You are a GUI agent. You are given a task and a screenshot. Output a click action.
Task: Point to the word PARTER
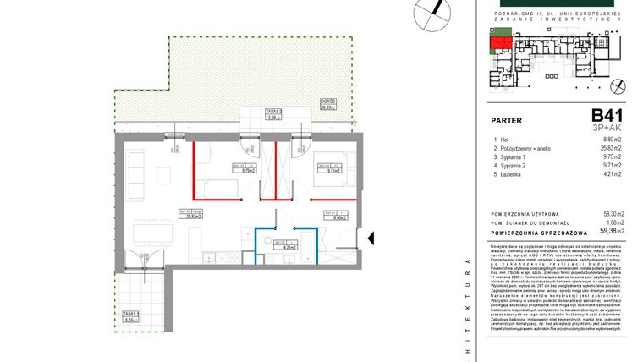506,120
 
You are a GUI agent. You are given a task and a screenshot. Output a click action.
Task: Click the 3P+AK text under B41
607,127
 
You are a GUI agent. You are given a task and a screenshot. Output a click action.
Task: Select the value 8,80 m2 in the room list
613,139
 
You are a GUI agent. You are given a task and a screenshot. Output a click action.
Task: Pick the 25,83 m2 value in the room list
611,148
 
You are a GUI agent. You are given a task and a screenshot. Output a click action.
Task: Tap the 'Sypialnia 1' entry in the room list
515,157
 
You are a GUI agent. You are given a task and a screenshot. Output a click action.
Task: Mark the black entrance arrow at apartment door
370,239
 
